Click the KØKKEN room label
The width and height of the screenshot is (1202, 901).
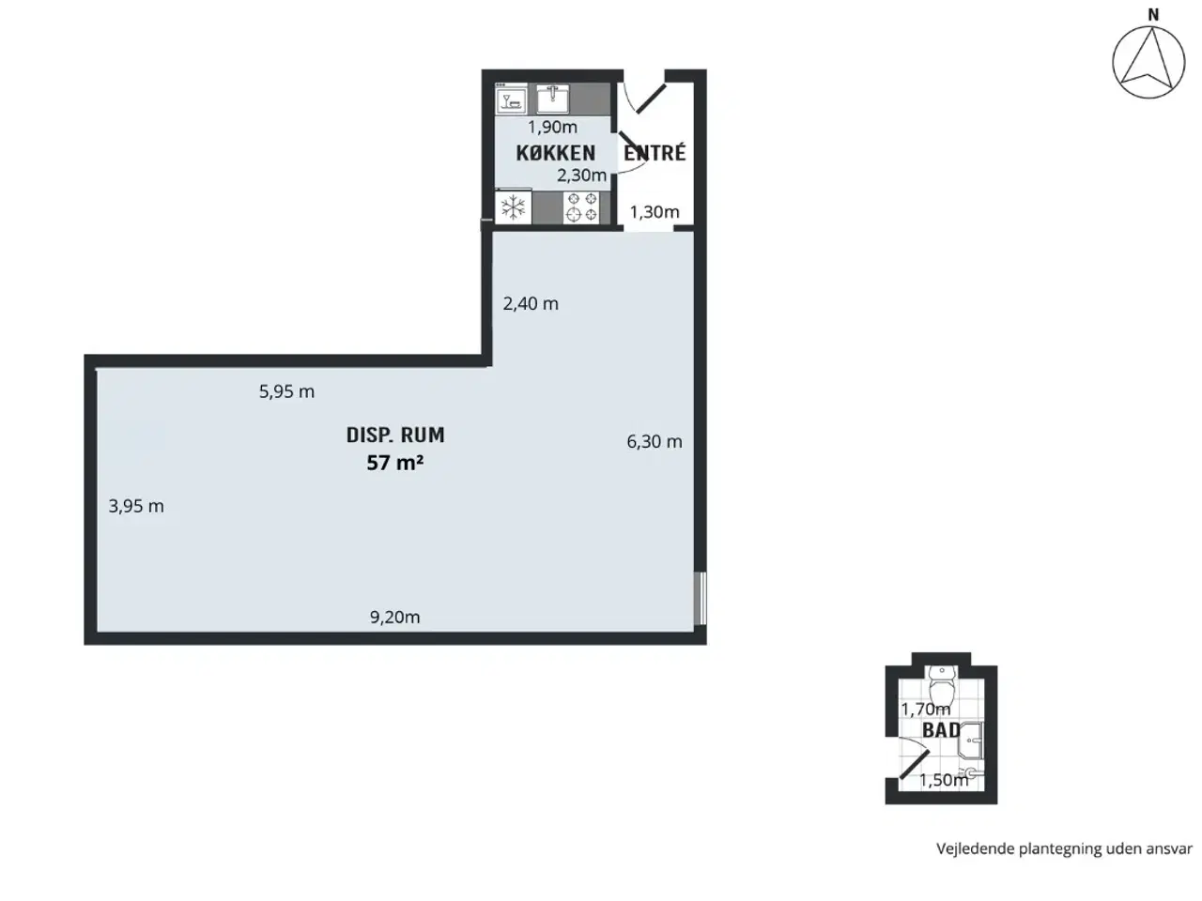[555, 153]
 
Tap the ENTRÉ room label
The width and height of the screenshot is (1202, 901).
[655, 153]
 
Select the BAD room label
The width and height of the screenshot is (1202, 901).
[941, 730]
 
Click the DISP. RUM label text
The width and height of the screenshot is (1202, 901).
[395, 435]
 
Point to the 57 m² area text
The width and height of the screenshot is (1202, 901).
[395, 463]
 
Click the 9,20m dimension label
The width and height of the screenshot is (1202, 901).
[394, 617]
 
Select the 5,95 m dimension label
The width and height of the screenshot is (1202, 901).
[286, 391]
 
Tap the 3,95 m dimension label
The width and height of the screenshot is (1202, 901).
[136, 506]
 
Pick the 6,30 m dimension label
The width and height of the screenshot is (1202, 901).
[655, 441]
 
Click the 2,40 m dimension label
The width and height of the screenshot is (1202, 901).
[531, 303]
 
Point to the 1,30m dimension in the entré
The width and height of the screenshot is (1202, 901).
[655, 212]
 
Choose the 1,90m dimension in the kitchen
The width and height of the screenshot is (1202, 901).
[552, 127]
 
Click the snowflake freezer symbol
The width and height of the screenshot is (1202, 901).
[513, 207]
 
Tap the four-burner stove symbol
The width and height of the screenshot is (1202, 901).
[581, 207]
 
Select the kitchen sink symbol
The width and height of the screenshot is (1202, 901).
[552, 99]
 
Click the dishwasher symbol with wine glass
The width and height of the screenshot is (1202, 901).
[512, 99]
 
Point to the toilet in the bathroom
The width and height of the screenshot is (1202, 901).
[941, 684]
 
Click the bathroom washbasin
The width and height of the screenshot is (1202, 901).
[971, 741]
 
